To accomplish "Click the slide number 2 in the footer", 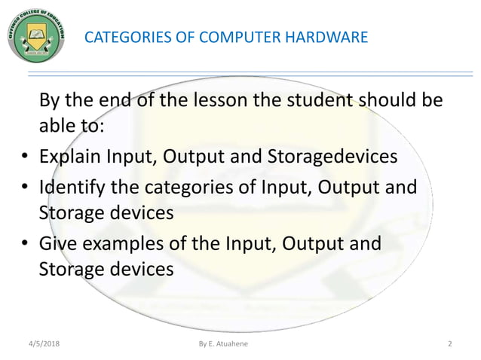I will click(x=449, y=344).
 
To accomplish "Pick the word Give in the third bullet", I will click(x=57, y=243).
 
